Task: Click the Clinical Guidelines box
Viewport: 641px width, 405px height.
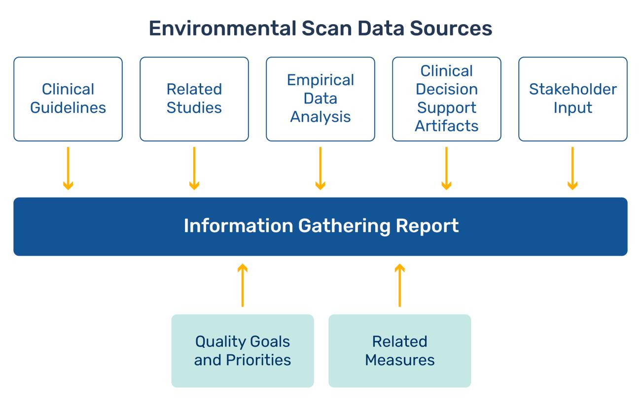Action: click(x=68, y=99)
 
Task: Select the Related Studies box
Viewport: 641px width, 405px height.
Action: click(x=194, y=99)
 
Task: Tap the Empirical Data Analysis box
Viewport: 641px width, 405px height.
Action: click(x=320, y=99)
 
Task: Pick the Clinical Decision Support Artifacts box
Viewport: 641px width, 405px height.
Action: click(x=447, y=99)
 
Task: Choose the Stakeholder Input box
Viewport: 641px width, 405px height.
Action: click(x=573, y=99)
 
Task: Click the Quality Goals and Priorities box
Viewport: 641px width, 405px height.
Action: click(x=243, y=351)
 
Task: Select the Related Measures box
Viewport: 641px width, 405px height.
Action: click(x=400, y=351)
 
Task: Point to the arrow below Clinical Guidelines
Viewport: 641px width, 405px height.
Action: click(x=68, y=169)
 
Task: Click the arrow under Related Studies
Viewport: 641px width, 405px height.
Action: click(x=194, y=169)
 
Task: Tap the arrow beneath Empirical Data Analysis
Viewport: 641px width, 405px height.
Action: click(x=320, y=169)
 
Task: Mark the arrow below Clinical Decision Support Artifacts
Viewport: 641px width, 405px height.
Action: click(x=447, y=169)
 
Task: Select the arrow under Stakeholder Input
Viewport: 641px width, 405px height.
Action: click(x=573, y=169)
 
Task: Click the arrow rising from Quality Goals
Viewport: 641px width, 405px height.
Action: click(x=243, y=285)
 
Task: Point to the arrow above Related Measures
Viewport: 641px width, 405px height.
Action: click(x=400, y=285)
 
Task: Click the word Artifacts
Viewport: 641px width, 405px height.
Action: click(x=447, y=126)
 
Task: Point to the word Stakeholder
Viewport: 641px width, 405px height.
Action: click(x=573, y=90)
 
